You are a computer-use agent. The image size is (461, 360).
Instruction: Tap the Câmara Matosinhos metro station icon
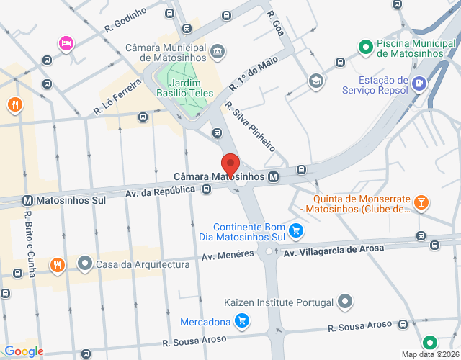coord(274,176)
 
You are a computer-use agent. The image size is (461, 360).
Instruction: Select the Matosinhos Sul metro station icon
coord(28,199)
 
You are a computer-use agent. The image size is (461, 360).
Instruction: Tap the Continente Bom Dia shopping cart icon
coord(296,230)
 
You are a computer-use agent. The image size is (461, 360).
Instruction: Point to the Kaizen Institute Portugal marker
coord(346,300)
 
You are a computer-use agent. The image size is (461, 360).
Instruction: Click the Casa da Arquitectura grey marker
coord(85,264)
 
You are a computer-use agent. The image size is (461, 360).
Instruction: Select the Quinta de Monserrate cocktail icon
coord(422,203)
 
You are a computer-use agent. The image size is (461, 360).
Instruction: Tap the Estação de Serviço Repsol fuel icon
coord(419,84)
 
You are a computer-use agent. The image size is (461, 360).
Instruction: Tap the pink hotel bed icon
coord(66,44)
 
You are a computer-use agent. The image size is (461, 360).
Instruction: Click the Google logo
coord(24,351)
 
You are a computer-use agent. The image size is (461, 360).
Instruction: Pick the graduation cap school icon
coord(315,81)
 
